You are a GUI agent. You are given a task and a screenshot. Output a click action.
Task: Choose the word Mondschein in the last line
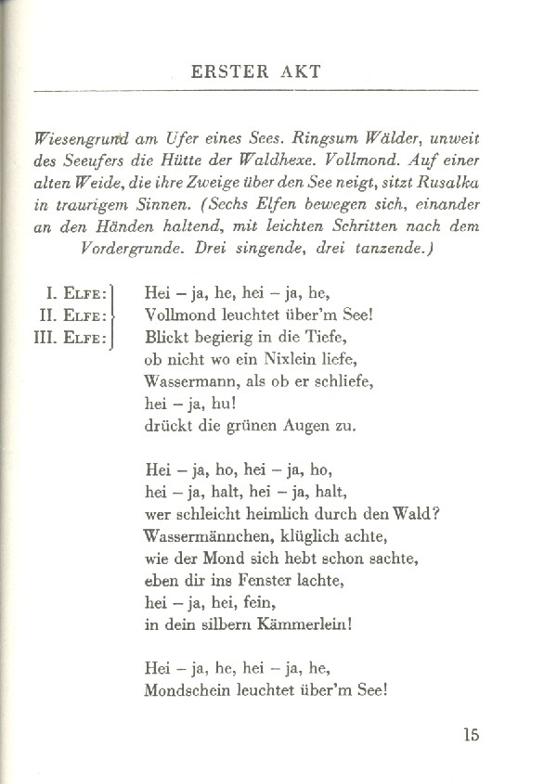(190, 691)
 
